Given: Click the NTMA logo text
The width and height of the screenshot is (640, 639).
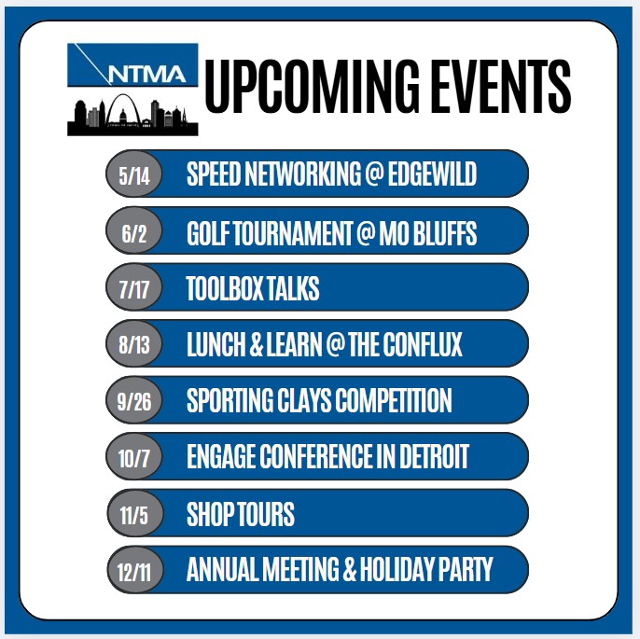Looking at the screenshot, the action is [x=147, y=74].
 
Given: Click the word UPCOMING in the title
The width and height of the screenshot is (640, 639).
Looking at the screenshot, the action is [x=312, y=86].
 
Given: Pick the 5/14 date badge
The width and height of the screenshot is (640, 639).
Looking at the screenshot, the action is [x=134, y=174].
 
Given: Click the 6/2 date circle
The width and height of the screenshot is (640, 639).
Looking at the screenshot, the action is [x=134, y=231].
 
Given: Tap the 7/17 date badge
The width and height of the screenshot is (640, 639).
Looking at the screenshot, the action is [x=134, y=287].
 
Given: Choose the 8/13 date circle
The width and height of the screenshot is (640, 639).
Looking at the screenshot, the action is [x=134, y=343].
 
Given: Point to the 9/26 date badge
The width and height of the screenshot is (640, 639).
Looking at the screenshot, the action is [x=134, y=400].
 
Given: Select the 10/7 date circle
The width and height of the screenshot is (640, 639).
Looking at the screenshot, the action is [x=134, y=456].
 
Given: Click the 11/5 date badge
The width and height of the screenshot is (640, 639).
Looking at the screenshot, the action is [x=134, y=513].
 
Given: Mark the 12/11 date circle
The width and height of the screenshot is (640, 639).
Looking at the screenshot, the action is [x=134, y=570].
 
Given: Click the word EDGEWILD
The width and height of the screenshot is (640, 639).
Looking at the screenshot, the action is [x=432, y=174].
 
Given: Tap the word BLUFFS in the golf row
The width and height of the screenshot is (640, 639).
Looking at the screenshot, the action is [x=445, y=233].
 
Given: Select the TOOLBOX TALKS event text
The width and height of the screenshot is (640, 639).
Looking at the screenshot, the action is [x=253, y=288].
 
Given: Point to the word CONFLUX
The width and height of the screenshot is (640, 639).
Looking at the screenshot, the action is [x=423, y=344].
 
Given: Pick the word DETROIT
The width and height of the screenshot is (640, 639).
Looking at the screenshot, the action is [x=434, y=456].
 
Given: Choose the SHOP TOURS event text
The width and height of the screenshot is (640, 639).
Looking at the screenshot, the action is [x=241, y=514].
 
